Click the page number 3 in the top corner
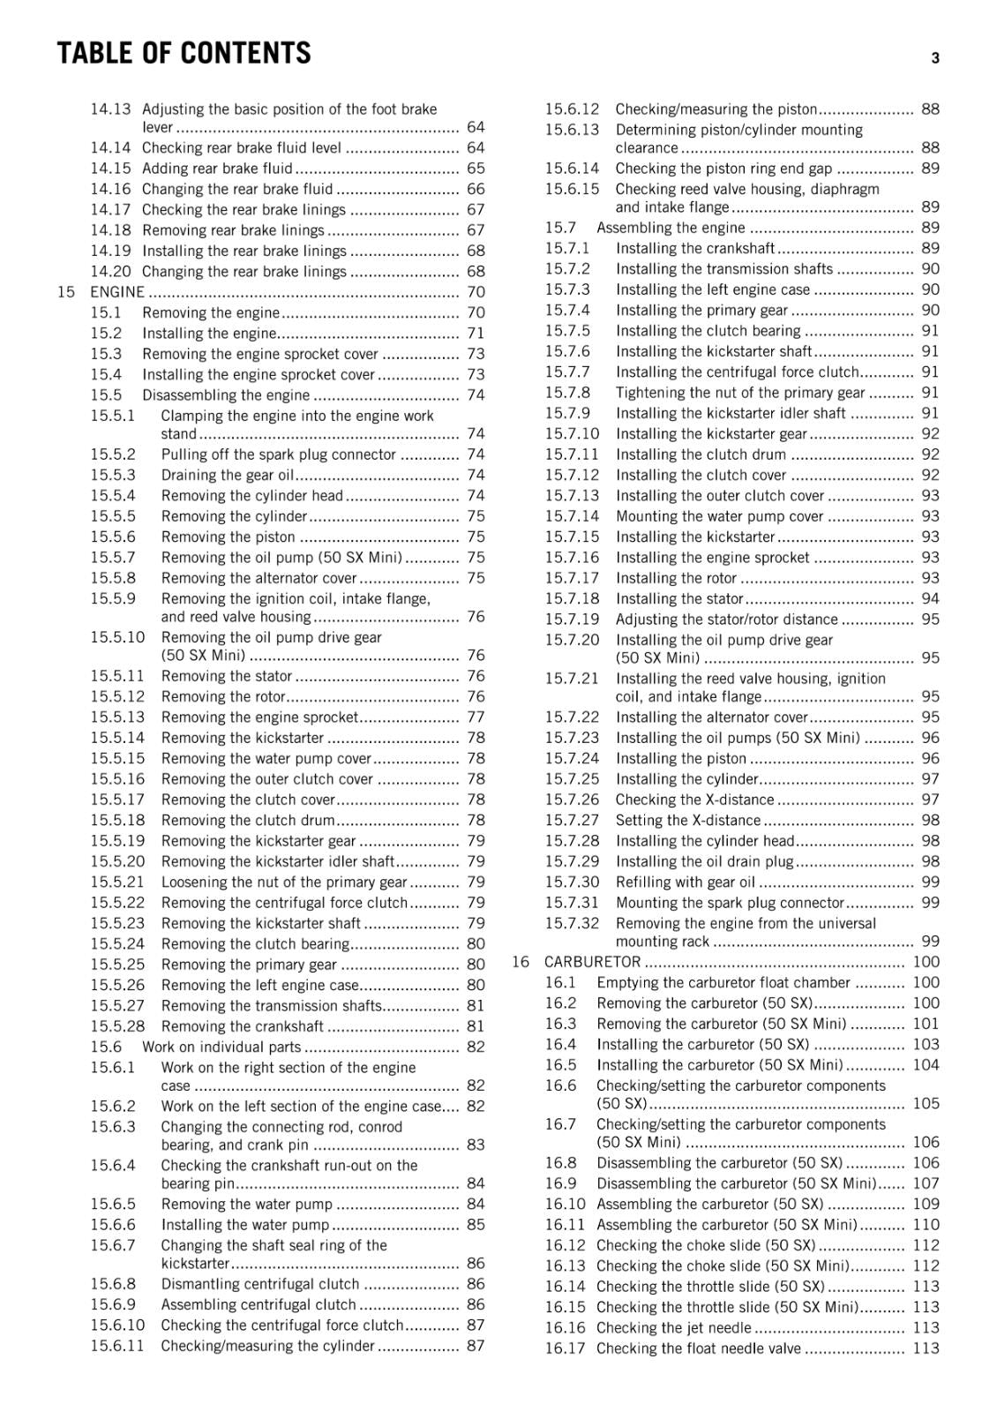pos(935,58)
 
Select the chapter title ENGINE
pos(116,292)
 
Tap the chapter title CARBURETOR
pos(592,962)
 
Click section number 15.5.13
pos(116,717)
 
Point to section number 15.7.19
pos(571,620)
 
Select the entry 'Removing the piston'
pos(228,537)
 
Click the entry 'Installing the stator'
pos(679,598)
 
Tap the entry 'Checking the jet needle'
pos(673,1328)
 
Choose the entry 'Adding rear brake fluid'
pos(217,169)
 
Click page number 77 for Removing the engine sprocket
pos(476,717)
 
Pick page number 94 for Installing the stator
pos(930,598)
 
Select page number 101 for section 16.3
pos(926,1024)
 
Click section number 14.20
pos(110,272)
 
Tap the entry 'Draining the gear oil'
pos(227,475)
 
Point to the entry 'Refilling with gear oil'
pos(685,882)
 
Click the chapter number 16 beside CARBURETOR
pos(521,962)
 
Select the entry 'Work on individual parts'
pos(221,1048)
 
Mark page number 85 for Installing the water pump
pos(476,1225)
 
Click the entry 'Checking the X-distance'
pos(694,800)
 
